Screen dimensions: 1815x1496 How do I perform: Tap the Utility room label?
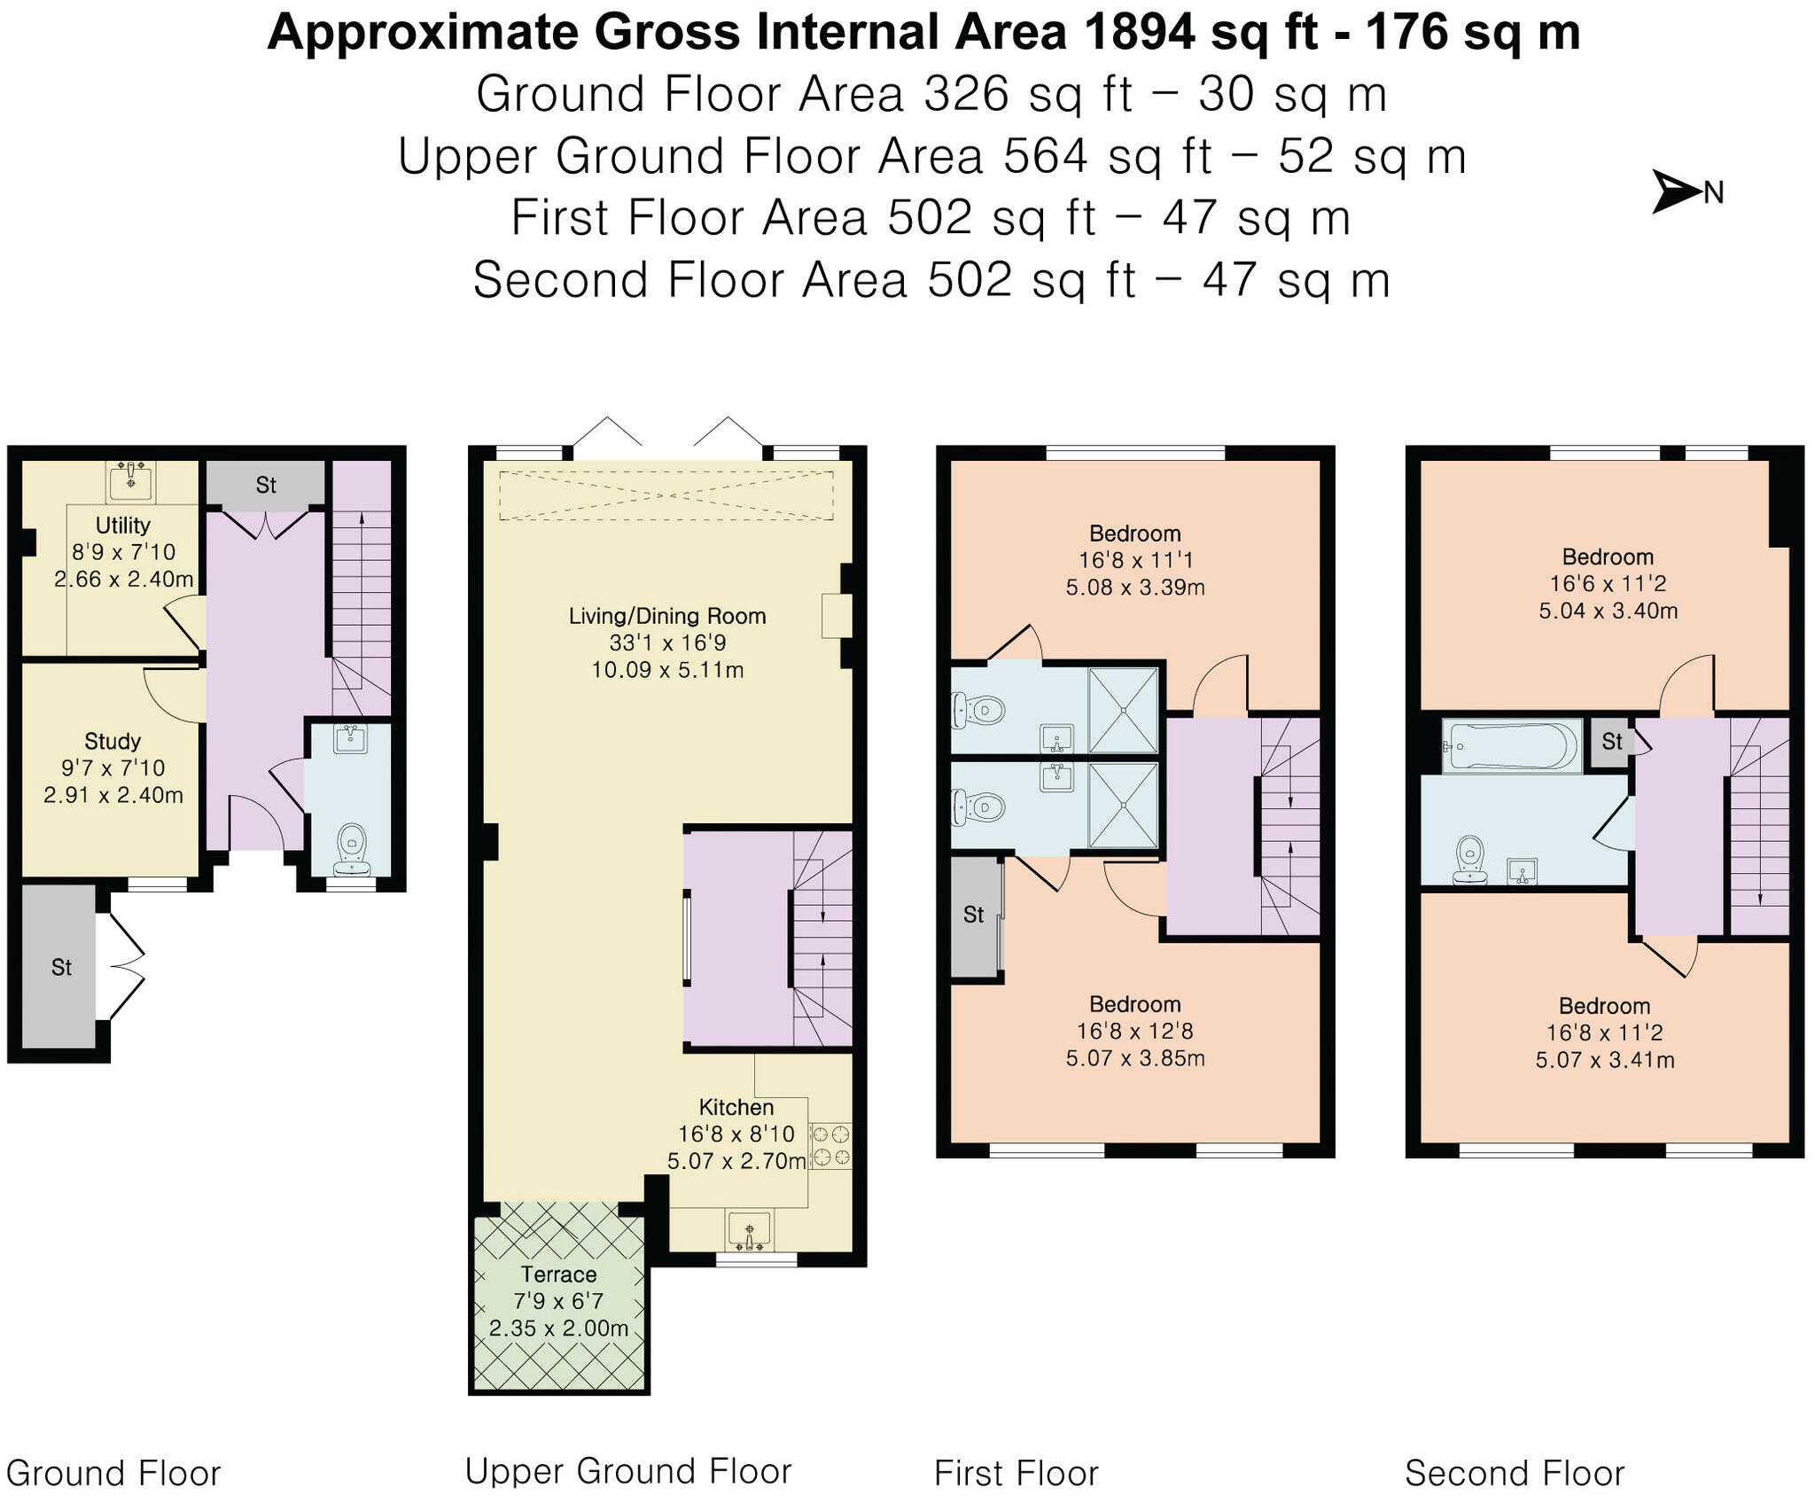(123, 525)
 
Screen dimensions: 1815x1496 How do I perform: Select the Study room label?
(113, 741)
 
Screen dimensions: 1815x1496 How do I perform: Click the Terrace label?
(558, 1274)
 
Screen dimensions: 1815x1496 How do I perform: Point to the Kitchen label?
(736, 1107)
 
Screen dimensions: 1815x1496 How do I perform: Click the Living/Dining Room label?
(667, 616)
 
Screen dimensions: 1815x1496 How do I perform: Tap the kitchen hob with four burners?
(830, 1145)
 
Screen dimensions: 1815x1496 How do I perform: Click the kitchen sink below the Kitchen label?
(750, 1231)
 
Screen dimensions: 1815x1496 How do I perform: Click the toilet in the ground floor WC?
(352, 848)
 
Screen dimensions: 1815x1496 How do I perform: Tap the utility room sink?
(130, 480)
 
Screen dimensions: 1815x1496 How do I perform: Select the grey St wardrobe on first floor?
(974, 916)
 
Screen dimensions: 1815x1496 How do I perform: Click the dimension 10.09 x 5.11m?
(667, 670)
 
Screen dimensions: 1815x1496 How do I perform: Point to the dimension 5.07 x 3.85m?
(1135, 1058)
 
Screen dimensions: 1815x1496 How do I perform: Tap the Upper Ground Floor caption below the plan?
(628, 1471)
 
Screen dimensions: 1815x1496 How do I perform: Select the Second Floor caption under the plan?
(1515, 1473)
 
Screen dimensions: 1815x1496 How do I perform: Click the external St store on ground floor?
(58, 967)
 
